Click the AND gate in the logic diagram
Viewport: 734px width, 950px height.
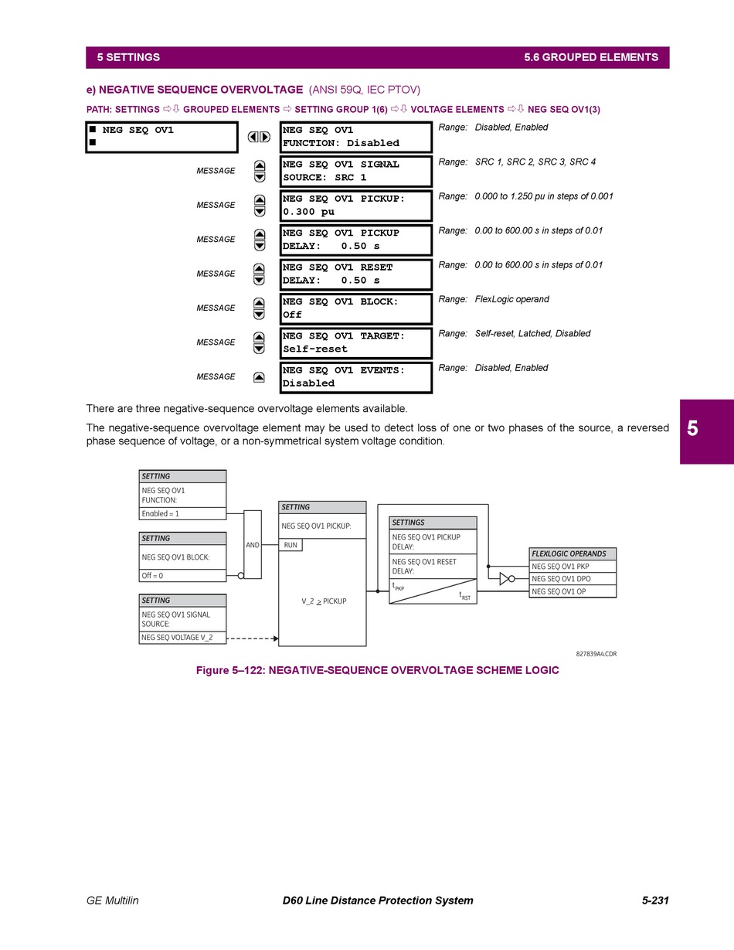[253, 545]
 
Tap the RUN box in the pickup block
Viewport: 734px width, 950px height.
[291, 545]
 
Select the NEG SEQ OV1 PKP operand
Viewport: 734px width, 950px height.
[573, 567]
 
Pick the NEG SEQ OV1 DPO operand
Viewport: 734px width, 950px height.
[573, 579]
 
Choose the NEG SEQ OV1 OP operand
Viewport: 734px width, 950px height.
[573, 591]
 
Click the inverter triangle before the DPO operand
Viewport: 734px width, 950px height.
[505, 578]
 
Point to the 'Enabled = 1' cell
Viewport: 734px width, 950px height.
[182, 513]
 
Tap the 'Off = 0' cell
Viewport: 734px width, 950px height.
[182, 575]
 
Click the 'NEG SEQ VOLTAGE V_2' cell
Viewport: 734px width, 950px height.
[182, 638]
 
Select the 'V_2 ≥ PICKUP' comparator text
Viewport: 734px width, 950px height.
[324, 601]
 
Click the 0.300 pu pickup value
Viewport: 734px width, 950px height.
[308, 212]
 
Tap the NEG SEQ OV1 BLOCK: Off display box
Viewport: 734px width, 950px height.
[355, 308]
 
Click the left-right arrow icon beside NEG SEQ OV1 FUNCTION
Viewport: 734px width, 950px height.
[259, 137]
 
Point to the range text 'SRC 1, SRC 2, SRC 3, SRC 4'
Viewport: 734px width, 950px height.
[535, 162]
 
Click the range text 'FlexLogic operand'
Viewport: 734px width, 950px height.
[512, 299]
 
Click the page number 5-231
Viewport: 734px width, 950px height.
[654, 901]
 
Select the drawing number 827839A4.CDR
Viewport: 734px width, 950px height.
[596, 654]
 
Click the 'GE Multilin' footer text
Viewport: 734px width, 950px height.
[113, 901]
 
